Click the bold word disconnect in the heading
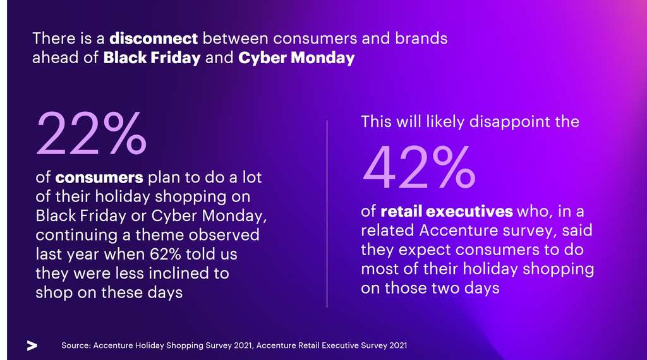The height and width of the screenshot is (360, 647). pos(154,38)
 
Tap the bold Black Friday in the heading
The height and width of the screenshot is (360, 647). pos(152,58)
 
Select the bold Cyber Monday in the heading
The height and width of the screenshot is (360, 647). pos(296,58)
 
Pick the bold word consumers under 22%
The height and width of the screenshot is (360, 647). pos(99,178)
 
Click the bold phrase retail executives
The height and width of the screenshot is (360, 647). pos(446,211)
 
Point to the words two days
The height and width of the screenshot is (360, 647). pos(464,289)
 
